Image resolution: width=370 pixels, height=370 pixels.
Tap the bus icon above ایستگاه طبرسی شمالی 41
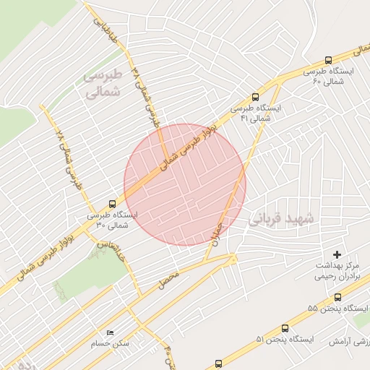(x=254, y=96)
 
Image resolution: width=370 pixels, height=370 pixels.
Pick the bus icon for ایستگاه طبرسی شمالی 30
(x=111, y=204)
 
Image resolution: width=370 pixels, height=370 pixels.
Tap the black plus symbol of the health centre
(x=336, y=254)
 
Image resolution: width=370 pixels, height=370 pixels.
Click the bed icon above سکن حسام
(x=110, y=332)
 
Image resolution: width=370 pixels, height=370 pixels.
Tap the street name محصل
(x=168, y=276)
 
